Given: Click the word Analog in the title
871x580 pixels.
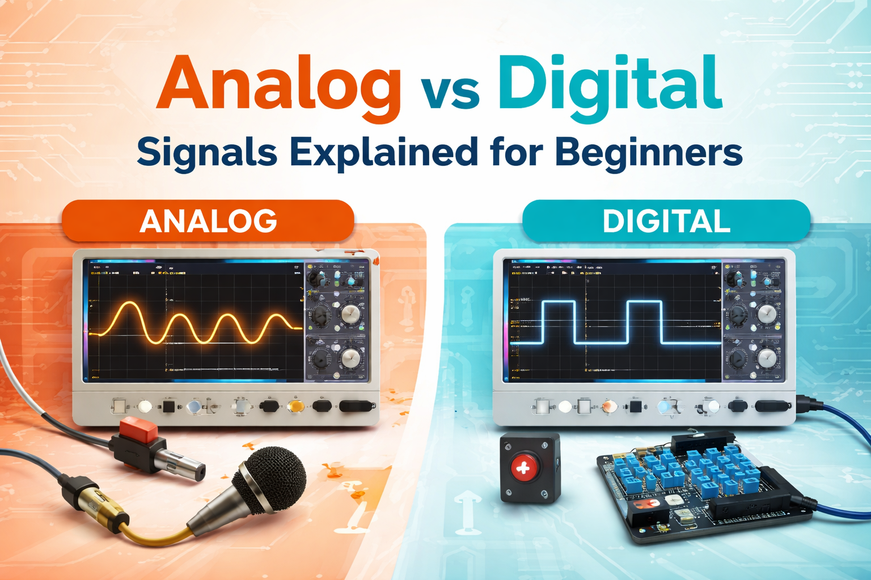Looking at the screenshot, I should (279, 85).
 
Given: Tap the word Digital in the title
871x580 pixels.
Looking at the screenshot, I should (609, 85).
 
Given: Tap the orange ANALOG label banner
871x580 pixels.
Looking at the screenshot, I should (208, 221).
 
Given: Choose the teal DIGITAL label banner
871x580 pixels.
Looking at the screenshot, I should (666, 221).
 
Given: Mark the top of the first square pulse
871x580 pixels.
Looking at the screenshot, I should (559, 302).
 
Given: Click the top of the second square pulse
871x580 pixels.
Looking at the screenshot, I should (644, 302).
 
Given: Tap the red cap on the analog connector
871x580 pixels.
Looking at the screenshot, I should (139, 430).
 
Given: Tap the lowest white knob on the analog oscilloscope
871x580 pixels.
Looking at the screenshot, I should (350, 357).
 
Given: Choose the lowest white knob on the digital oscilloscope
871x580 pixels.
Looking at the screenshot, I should (767, 357).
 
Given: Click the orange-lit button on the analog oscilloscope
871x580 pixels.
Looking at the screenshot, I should (295, 406).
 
